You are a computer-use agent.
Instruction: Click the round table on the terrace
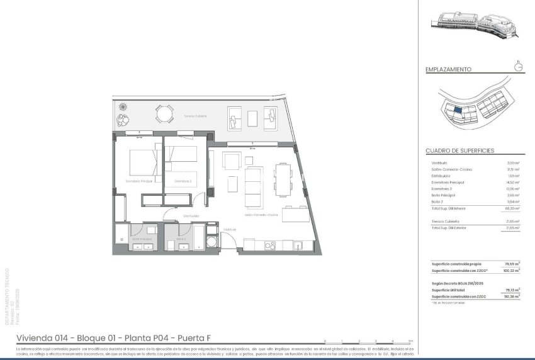point(164,115)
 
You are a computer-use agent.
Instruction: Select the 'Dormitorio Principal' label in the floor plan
point(138,181)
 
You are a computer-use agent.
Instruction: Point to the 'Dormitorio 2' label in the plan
point(183,181)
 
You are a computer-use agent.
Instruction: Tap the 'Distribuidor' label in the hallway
point(191,216)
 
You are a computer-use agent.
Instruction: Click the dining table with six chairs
point(284,181)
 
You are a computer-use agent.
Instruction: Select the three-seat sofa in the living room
point(254,187)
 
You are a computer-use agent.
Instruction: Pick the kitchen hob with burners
point(269,244)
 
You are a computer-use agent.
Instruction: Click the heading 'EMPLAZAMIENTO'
point(448,70)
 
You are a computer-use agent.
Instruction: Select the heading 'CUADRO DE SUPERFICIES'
point(459,151)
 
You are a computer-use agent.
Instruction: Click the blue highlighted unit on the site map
point(458,110)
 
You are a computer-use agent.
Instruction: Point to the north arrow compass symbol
point(518,67)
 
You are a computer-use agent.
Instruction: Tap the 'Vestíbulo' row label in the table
point(439,163)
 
